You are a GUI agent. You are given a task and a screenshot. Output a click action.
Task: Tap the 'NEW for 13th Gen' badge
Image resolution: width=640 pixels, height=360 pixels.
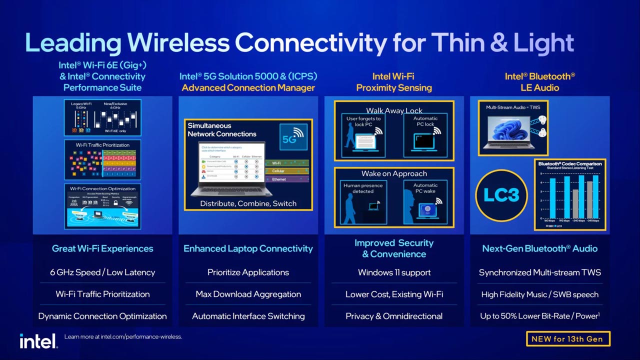(567, 338)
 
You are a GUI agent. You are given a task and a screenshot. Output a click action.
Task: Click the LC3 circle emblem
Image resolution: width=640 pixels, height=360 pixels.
(501, 194)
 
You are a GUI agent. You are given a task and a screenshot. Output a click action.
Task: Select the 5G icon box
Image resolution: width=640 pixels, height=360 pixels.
(293, 136)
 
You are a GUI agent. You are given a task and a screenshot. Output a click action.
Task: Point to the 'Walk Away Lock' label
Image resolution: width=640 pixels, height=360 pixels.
(394, 110)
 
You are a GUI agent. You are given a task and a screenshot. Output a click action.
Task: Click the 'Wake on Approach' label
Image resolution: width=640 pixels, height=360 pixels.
(394, 173)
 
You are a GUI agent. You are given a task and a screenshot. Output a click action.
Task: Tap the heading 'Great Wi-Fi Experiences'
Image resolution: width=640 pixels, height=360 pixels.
(102, 248)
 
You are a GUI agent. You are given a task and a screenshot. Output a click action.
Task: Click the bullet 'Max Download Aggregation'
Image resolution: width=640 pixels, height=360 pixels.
(248, 294)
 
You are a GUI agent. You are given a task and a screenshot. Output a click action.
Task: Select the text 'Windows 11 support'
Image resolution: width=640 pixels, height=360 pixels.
(394, 272)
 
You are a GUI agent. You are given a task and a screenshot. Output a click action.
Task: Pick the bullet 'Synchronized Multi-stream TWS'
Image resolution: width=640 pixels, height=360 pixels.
(539, 272)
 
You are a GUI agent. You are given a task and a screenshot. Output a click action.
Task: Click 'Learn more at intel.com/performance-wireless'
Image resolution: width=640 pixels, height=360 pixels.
(123, 336)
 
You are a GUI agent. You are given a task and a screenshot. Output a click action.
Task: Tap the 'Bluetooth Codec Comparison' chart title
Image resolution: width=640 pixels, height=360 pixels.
(570, 163)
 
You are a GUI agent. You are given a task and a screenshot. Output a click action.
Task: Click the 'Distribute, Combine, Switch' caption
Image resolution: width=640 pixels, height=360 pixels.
(248, 203)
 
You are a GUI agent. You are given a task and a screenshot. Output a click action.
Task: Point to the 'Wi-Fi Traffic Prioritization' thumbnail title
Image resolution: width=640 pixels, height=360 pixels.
(102, 145)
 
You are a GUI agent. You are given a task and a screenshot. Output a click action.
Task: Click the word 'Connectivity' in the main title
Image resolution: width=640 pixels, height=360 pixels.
(310, 43)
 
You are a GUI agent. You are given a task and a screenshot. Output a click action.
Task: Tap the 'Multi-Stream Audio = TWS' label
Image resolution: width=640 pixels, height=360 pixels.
(512, 107)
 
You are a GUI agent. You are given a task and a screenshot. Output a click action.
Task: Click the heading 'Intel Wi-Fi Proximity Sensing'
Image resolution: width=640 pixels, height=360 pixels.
(394, 82)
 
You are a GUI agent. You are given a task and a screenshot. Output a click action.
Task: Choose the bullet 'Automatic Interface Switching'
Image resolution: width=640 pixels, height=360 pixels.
(248, 316)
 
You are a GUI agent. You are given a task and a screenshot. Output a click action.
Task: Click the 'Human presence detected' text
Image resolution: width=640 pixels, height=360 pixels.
(363, 188)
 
